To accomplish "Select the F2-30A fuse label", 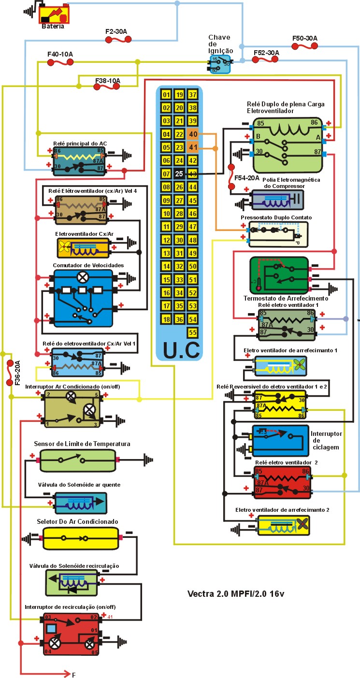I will pos(116,31).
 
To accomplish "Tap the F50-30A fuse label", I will pos(304,38).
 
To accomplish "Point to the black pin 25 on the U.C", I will pos(179,174).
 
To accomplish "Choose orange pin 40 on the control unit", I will pos(193,134).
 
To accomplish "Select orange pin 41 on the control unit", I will pos(193,147).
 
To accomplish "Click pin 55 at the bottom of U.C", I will pos(193,332).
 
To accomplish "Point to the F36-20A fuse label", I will pos(17,373).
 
